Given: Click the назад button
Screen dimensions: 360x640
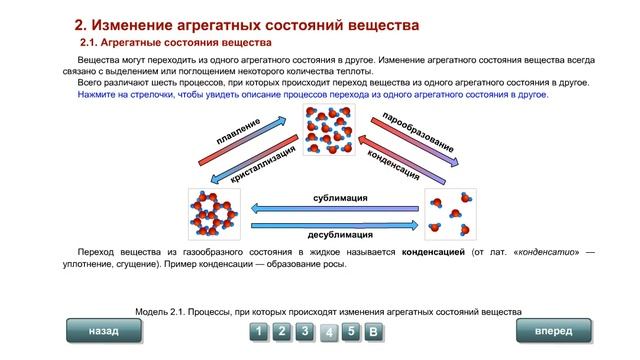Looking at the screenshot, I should [x=103, y=330].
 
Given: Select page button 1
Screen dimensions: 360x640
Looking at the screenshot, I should [x=259, y=331].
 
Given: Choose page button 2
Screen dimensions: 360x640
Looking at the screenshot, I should [x=282, y=331].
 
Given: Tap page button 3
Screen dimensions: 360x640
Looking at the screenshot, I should [x=305, y=331].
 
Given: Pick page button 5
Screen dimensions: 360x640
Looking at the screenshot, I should [x=351, y=331].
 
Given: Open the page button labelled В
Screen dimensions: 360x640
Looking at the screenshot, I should [x=372, y=331].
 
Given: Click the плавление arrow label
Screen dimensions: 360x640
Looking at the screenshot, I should [x=240, y=131].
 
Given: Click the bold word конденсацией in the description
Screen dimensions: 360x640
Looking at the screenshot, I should [x=433, y=250].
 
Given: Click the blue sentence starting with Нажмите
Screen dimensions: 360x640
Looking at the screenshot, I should [x=312, y=93].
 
